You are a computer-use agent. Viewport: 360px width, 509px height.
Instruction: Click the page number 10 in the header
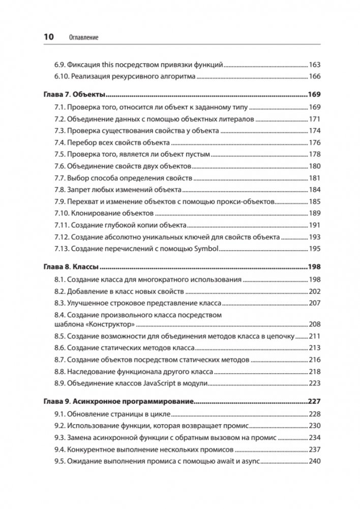[49, 37]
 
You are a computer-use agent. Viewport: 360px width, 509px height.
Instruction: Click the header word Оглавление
[83, 37]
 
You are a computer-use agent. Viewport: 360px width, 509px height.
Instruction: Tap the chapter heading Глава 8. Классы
[76, 266]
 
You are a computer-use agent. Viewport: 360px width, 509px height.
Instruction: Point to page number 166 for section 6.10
[315, 77]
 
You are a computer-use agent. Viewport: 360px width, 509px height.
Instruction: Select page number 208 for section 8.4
[315, 324]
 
